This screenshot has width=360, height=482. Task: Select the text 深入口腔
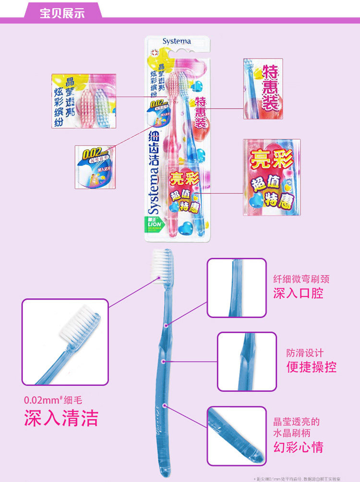(x=298, y=293)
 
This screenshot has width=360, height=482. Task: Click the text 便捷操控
(x=312, y=367)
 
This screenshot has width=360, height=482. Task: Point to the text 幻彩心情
(x=298, y=447)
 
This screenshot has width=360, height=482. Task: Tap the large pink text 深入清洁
(x=61, y=418)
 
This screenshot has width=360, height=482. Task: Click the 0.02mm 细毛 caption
(x=57, y=399)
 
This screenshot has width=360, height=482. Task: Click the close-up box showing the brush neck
(x=236, y=288)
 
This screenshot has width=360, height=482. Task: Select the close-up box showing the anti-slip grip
(x=246, y=361)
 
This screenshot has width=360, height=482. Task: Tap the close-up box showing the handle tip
(x=236, y=436)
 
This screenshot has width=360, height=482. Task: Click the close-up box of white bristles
(x=65, y=342)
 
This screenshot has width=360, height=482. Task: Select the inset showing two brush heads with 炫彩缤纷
(x=84, y=101)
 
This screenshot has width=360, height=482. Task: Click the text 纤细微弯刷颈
(x=301, y=279)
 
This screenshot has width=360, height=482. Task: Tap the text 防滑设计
(x=305, y=353)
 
